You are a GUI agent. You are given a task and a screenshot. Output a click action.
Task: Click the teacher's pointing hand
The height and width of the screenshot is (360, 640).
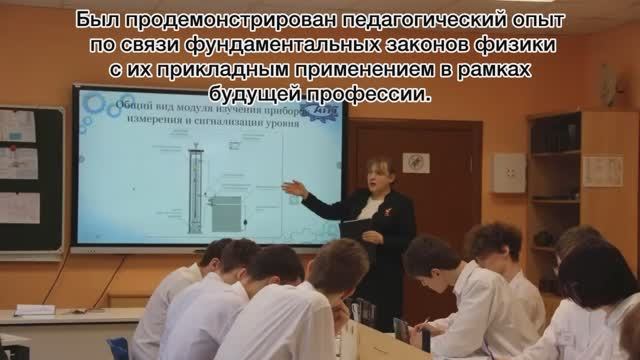click(293, 187)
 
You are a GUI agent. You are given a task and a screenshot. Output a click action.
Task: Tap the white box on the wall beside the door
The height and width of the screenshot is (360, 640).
click(508, 172)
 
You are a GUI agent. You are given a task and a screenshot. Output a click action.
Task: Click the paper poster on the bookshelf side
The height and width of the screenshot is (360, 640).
click(602, 170)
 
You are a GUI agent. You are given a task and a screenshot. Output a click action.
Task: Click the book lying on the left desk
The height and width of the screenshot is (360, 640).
click(35, 310)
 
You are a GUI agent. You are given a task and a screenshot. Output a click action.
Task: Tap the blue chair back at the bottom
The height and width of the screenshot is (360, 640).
click(119, 347)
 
